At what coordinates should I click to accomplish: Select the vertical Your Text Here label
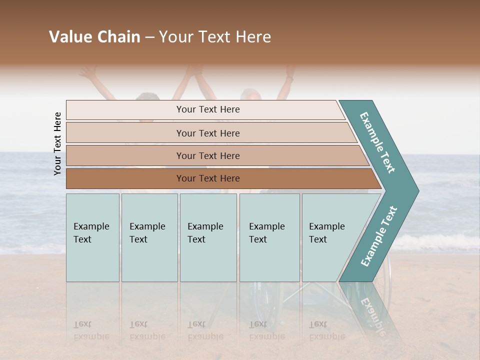pyautogui.click(x=57, y=143)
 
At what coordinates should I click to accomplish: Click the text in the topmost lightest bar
pyautogui.click(x=208, y=109)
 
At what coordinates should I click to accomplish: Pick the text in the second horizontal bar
pyautogui.click(x=208, y=133)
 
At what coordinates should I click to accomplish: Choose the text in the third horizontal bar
pyautogui.click(x=208, y=155)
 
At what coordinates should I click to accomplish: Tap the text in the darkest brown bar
pyautogui.click(x=208, y=178)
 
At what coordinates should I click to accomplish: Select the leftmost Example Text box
pyautogui.click(x=91, y=233)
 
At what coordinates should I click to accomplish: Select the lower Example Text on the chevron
pyautogui.click(x=379, y=236)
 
